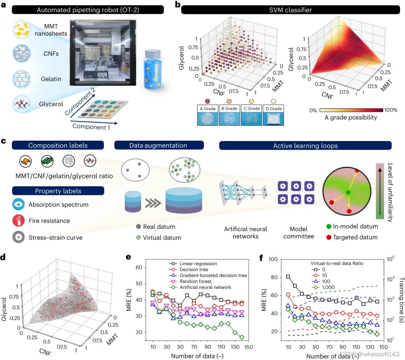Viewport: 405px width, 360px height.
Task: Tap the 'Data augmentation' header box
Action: click(x=159, y=145)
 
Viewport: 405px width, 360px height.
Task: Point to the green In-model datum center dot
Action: click(x=348, y=192)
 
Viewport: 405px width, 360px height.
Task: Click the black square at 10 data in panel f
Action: click(x=288, y=277)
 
